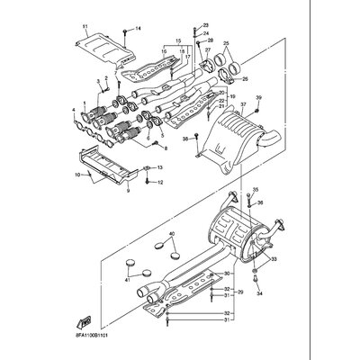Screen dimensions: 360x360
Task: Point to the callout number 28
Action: pos(209,41)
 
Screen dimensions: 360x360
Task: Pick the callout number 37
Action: pos(242,105)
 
